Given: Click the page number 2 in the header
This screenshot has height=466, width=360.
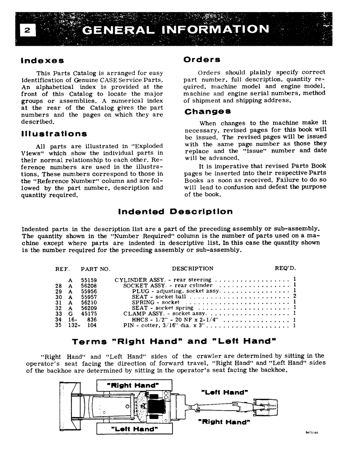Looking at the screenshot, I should click(27, 30).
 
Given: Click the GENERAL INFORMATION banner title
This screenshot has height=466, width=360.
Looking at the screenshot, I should click(175, 30).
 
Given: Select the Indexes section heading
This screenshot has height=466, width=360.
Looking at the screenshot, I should click(42, 61).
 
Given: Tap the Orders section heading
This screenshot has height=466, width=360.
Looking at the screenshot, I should click(202, 60).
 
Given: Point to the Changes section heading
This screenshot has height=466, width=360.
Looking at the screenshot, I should click(208, 112).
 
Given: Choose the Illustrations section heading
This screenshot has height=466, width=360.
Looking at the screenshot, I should click(54, 134).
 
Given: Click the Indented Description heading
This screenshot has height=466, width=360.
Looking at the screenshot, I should click(175, 212).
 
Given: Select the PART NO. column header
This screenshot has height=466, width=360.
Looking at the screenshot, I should click(95, 269).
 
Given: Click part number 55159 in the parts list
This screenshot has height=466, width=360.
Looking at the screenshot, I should click(89, 280).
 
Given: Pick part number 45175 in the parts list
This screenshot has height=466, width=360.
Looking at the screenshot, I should click(89, 314).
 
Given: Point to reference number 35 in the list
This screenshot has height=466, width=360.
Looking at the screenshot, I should click(58, 326).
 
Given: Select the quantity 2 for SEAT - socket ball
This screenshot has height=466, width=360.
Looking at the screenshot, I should click(295, 297).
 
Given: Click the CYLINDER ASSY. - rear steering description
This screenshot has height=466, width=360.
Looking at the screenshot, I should click(162, 280).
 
